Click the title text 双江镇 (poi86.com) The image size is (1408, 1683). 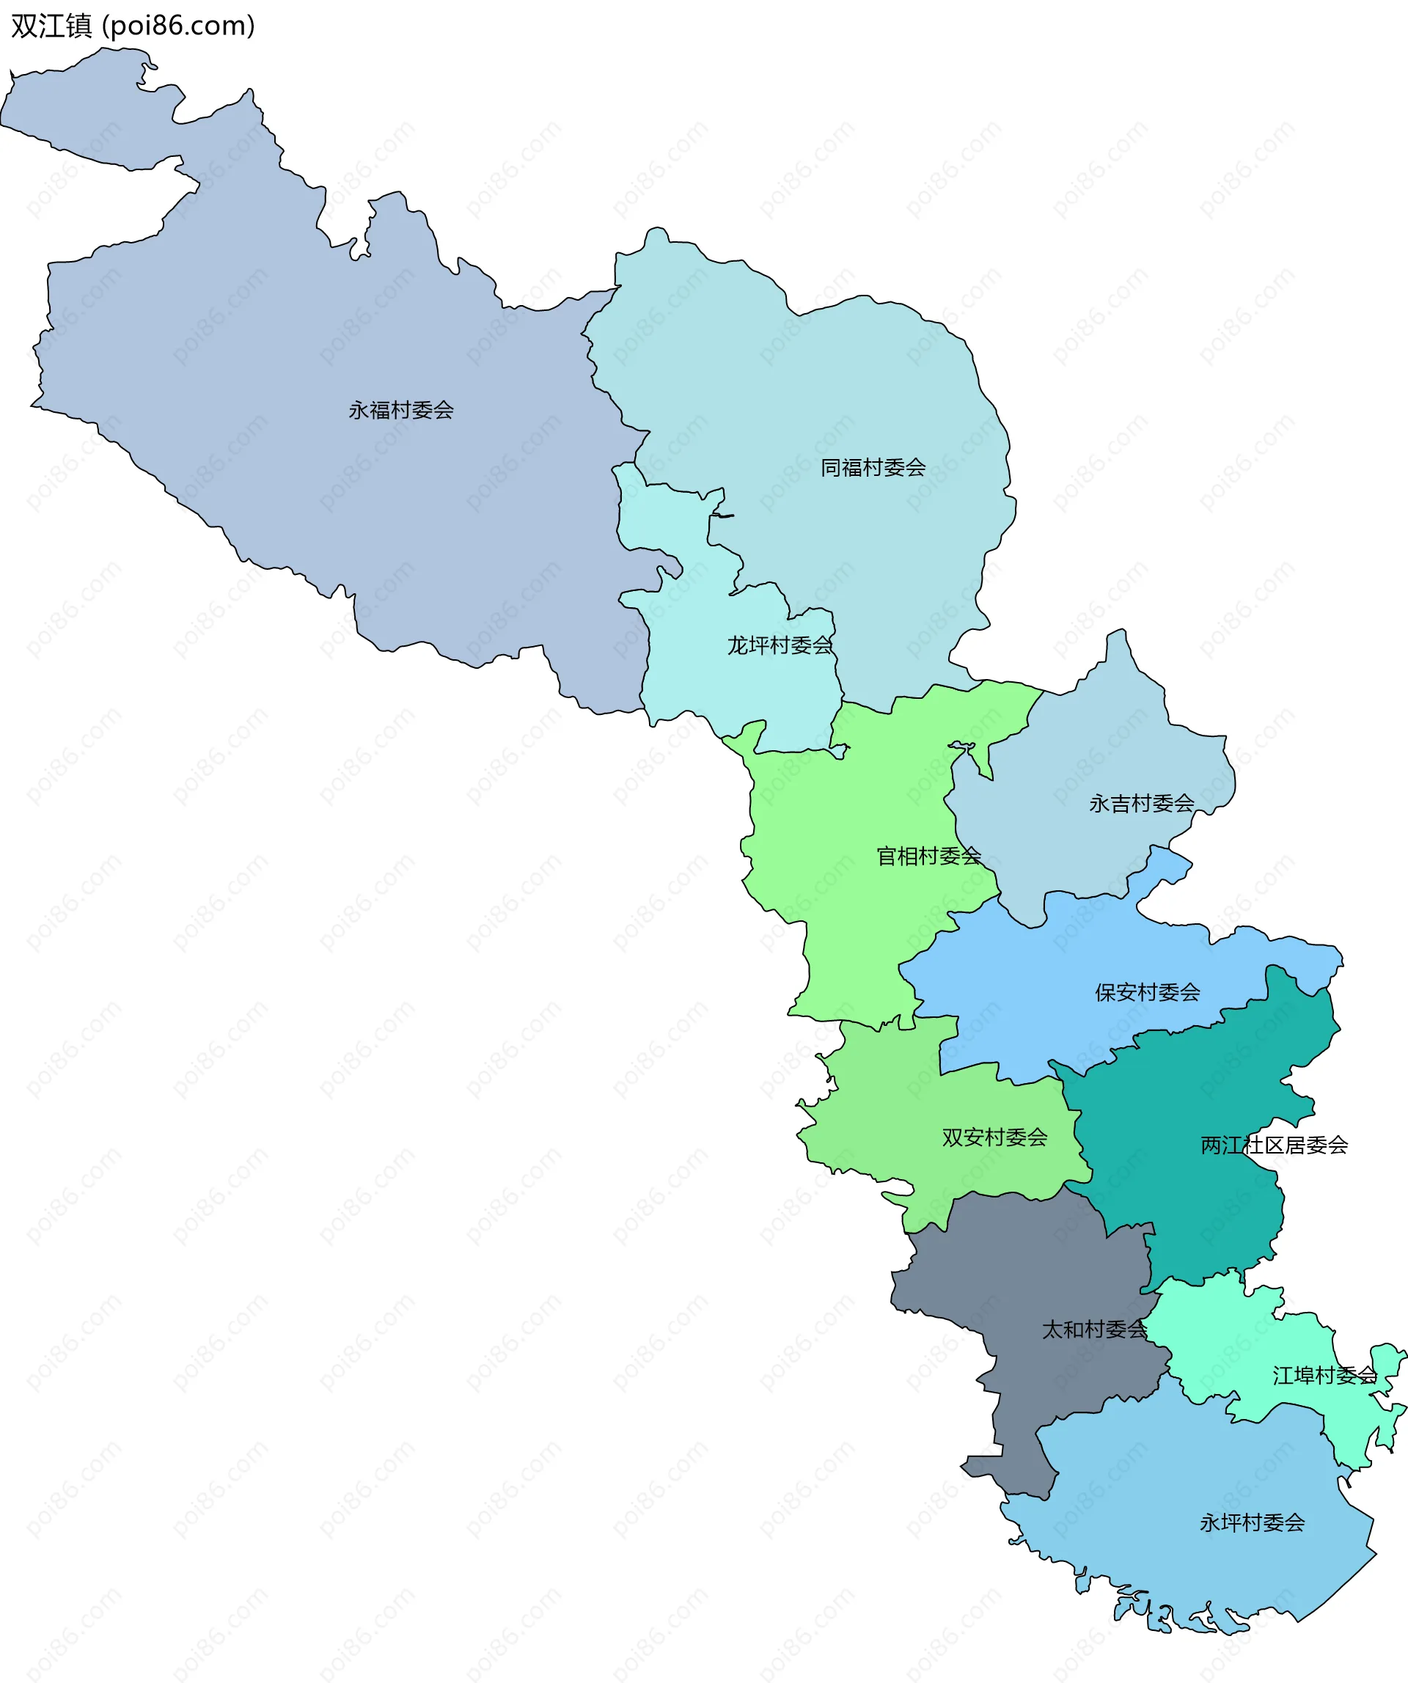pos(133,26)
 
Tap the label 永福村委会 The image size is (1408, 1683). pos(400,411)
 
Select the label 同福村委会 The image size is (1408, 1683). pos(873,468)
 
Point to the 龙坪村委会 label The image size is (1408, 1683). pos(779,645)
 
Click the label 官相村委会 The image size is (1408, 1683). pos(928,857)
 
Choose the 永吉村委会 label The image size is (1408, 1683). pos(1141,804)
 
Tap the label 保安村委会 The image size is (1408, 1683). pos(1148,993)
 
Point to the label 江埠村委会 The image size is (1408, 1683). pos(1324,1376)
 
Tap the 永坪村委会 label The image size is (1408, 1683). pos(1252,1522)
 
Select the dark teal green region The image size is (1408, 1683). pos(1202,1082)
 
